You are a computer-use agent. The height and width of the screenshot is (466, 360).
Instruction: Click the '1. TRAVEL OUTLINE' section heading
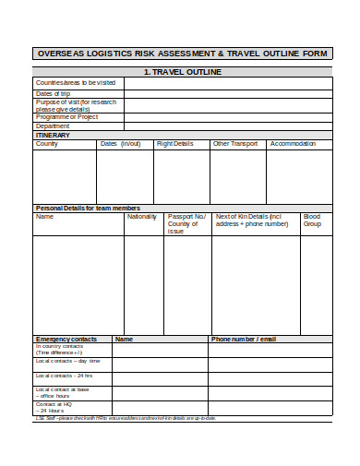182,71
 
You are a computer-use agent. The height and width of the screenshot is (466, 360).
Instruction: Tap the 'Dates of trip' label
53,93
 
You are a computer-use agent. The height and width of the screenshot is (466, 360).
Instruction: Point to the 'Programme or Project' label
66,117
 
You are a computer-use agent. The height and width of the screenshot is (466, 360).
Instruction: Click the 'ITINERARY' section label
53,135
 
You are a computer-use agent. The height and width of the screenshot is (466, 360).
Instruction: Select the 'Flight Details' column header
175,144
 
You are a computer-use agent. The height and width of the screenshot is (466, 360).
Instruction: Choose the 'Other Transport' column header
235,144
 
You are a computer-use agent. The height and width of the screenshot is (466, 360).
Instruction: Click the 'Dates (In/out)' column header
120,144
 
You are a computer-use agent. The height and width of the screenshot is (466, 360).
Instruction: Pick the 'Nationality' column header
142,217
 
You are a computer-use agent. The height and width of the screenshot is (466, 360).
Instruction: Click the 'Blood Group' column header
313,221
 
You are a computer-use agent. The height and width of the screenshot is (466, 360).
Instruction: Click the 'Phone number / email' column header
244,339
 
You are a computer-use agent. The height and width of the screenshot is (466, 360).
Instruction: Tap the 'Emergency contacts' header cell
66,339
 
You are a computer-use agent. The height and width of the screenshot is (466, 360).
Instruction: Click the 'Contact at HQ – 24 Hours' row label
55,407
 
